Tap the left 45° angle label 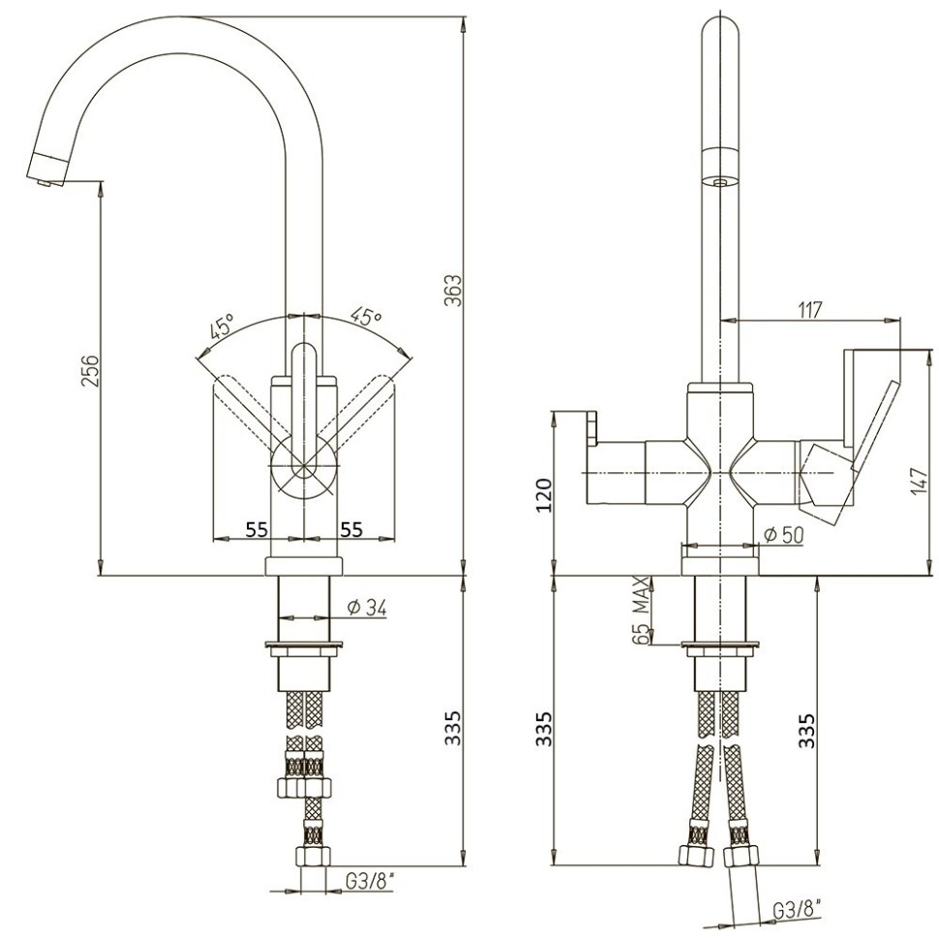[221, 326]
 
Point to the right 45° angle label [367, 316]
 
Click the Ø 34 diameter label [366, 608]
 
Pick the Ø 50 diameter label [783, 534]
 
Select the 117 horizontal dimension [810, 310]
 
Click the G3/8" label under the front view [370, 882]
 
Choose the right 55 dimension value [350, 529]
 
